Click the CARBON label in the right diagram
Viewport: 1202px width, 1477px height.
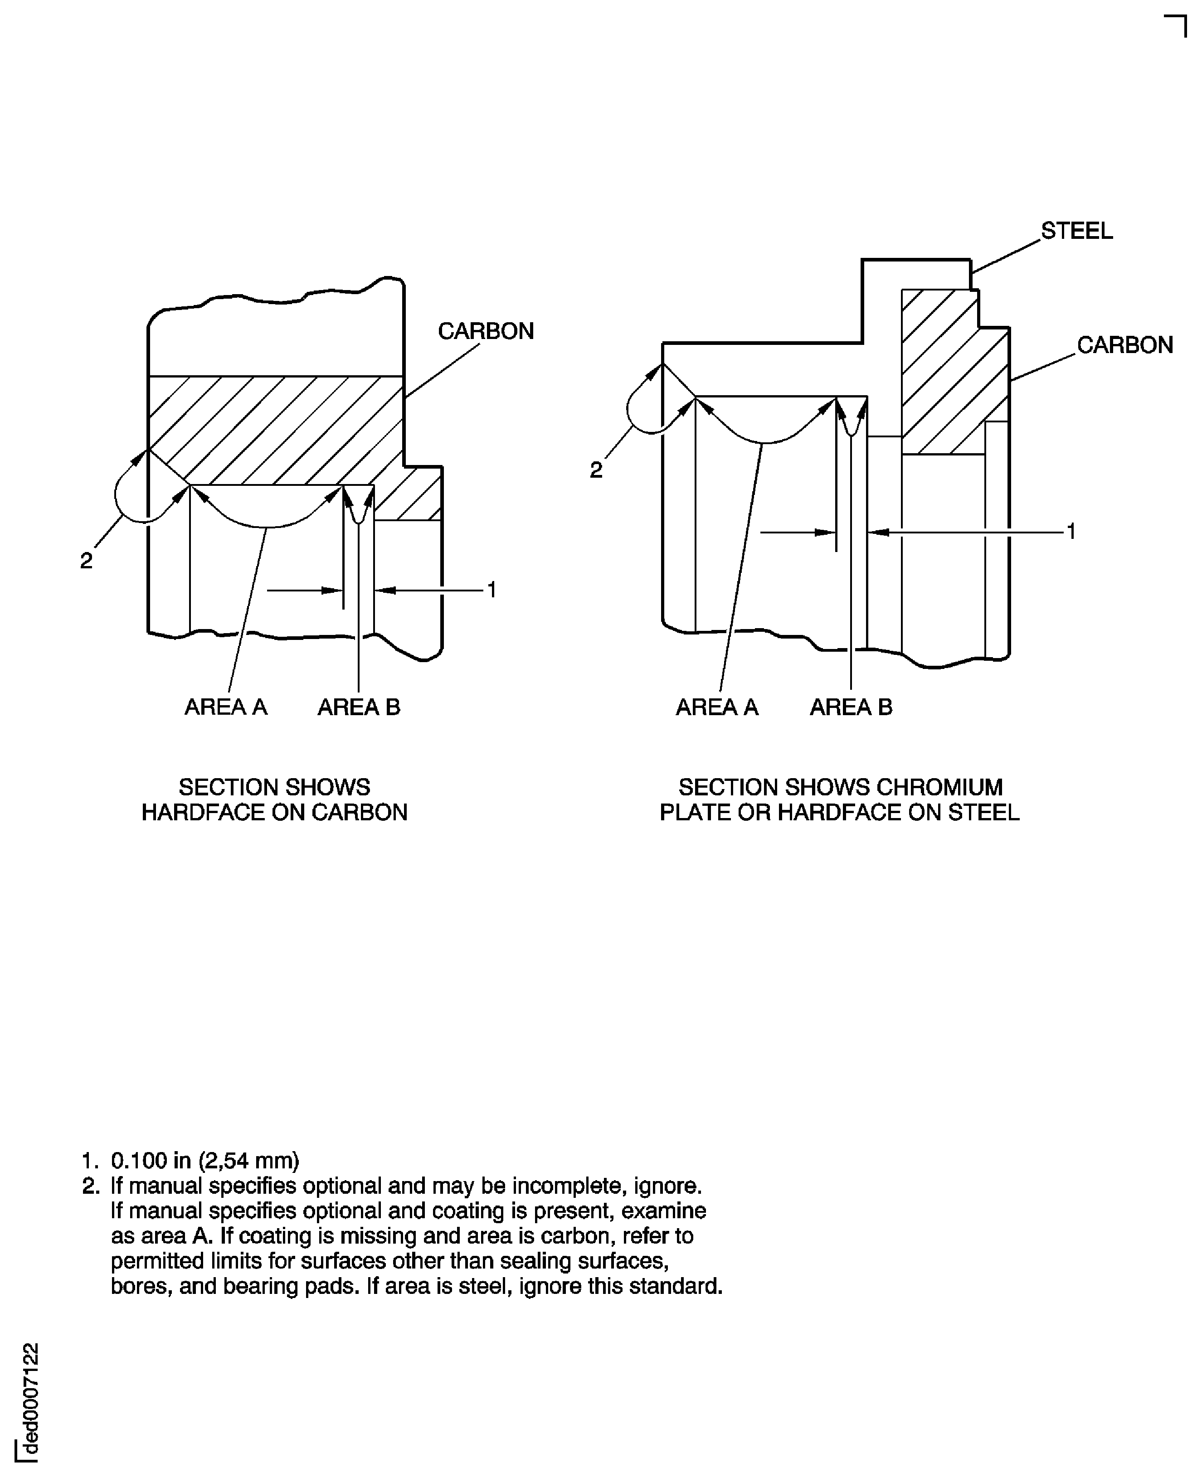(x=1124, y=345)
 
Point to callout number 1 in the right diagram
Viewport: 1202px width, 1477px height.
(x=1071, y=532)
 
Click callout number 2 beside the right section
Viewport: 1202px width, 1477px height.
(x=595, y=470)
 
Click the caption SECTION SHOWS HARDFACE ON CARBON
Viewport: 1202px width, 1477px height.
(x=274, y=799)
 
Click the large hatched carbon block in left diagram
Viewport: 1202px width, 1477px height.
(x=277, y=429)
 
